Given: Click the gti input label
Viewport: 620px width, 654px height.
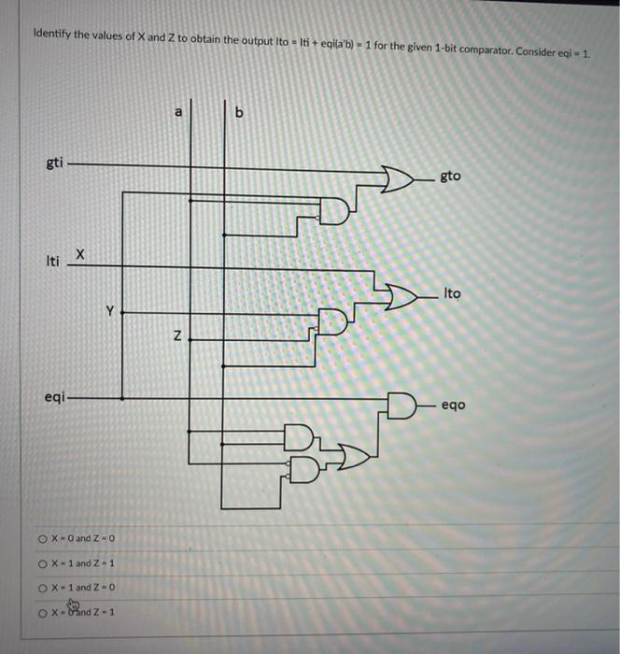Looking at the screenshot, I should click(x=55, y=163).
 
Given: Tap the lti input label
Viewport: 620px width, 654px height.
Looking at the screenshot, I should click(x=52, y=262).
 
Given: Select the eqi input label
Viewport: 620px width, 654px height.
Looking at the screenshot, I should click(x=54, y=397).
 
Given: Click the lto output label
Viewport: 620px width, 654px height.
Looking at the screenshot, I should click(x=452, y=293).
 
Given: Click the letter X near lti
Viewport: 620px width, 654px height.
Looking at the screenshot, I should click(x=81, y=253).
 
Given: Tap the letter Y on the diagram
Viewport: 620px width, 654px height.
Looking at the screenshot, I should click(x=109, y=311).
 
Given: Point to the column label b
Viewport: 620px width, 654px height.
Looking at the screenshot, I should click(x=239, y=113).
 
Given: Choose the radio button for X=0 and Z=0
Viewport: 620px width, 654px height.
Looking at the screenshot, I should click(x=43, y=539).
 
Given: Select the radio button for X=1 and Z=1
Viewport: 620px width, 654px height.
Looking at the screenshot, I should click(x=43, y=563).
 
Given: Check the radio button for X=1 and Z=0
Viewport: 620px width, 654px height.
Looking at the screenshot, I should click(x=43, y=588).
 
